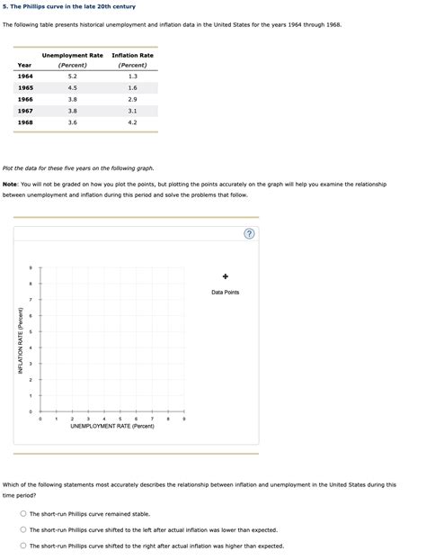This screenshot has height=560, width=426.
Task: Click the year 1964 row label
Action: tap(24, 77)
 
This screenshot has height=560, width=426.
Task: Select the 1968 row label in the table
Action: tap(24, 122)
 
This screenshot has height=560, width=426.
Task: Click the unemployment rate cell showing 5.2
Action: tap(72, 77)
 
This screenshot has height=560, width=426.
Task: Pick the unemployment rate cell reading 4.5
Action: tap(72, 88)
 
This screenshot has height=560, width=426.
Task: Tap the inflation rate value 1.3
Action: tap(132, 77)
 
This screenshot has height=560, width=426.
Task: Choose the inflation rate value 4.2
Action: tap(132, 122)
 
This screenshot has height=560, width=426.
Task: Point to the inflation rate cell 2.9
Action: tap(132, 99)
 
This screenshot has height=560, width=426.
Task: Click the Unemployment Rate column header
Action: tap(72, 56)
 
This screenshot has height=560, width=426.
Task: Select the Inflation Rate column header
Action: tap(132, 56)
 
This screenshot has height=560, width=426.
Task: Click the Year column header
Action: tap(24, 65)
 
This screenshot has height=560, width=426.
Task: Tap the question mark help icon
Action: tap(249, 235)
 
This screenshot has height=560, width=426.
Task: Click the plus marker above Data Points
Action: tap(226, 276)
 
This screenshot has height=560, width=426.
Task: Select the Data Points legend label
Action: tap(226, 292)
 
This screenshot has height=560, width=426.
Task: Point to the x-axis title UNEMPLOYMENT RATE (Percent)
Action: tap(112, 426)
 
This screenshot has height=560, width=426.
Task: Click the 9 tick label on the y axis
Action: tap(31, 267)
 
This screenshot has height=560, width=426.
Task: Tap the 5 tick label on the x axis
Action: tap(120, 419)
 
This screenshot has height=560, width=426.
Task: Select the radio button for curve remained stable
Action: tap(23, 514)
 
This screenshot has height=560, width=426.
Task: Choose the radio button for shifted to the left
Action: tap(23, 529)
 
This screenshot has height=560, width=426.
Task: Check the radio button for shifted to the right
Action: tap(23, 546)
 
